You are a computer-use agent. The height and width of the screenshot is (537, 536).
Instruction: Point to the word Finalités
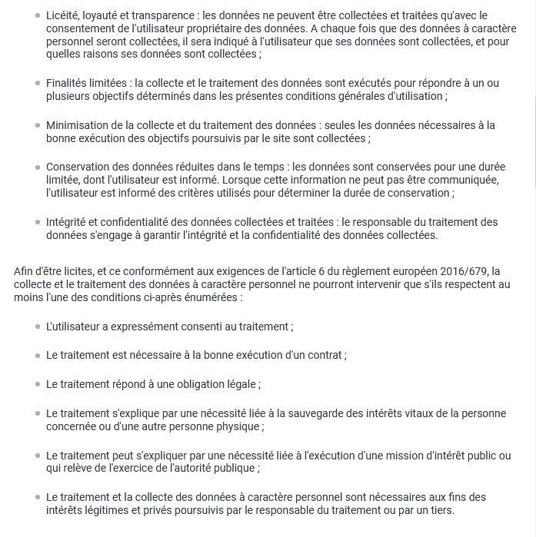[x=67, y=83]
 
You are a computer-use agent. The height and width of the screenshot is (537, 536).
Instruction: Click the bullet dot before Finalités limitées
[x=37, y=82]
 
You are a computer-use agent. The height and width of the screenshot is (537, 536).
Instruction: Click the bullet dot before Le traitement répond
[x=37, y=383]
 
